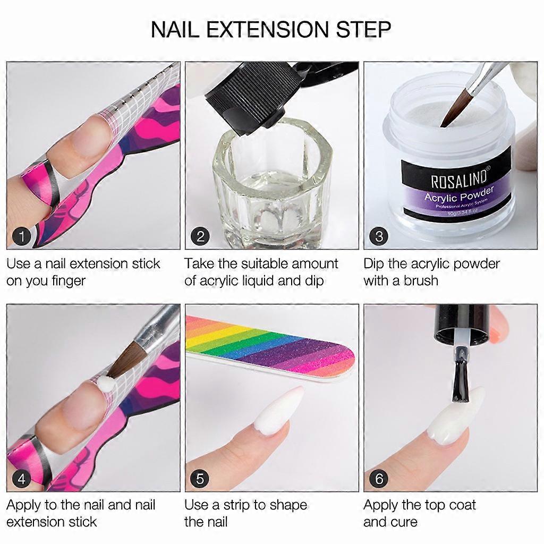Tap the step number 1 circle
point(21,236)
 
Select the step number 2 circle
point(200,236)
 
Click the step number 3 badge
point(379,236)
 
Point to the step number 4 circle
point(21,479)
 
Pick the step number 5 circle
point(200,479)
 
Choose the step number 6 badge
point(379,479)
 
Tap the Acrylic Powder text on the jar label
point(459,194)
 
